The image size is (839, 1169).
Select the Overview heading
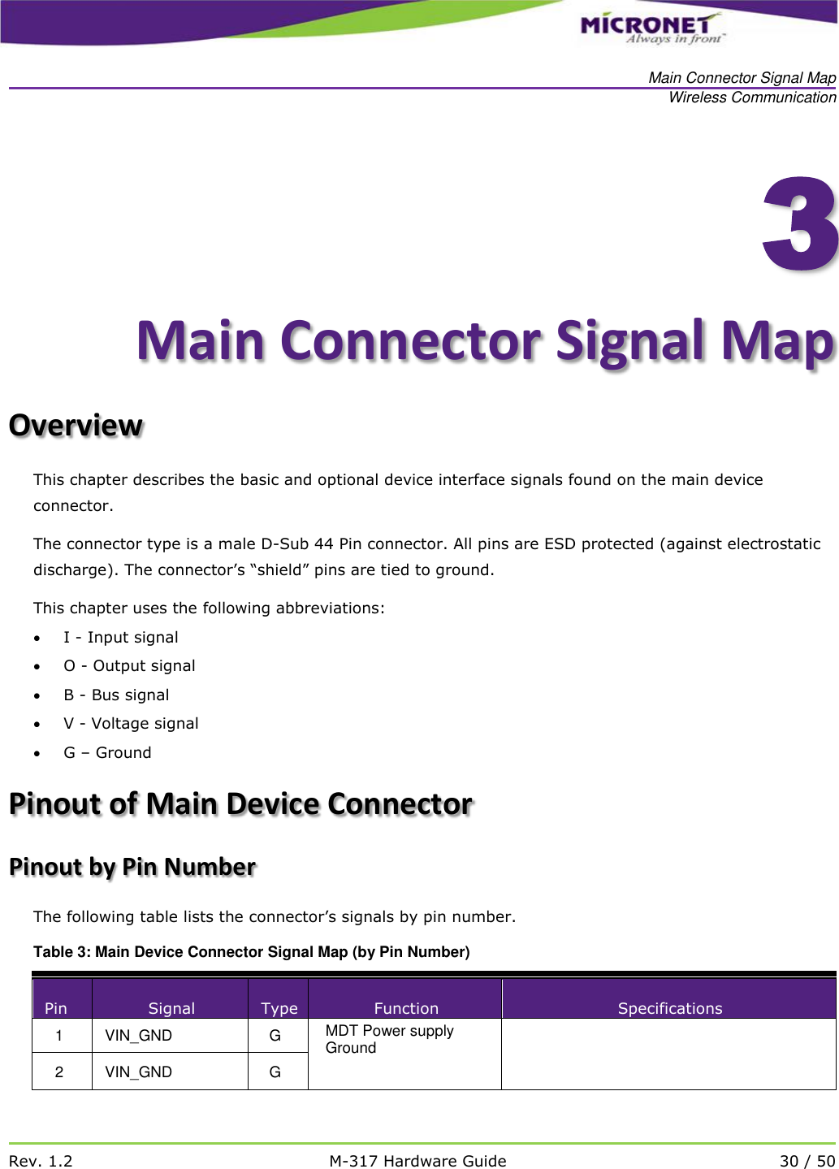coord(76,425)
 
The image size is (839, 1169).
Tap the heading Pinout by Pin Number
coord(132,867)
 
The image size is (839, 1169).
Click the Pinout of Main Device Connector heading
coord(240,803)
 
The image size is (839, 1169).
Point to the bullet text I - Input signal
coord(121,638)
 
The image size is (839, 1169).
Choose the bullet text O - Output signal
coord(129,666)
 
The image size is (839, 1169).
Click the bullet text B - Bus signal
coord(116,695)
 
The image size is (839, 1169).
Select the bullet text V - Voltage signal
coord(131,724)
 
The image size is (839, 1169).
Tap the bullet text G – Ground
coord(107,753)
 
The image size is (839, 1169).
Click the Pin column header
coord(56,1008)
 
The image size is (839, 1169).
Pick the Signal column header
coord(171,1008)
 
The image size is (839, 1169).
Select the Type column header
coord(279,1008)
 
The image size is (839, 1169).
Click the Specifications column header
coord(669,1008)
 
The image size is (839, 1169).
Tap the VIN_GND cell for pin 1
coord(139,1036)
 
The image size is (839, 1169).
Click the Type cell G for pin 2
coord(275,1072)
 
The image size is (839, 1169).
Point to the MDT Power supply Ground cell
coord(389,1039)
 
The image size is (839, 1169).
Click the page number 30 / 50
coord(807,1161)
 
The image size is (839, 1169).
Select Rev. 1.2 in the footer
coord(41,1161)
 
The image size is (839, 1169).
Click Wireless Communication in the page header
coord(752,97)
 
